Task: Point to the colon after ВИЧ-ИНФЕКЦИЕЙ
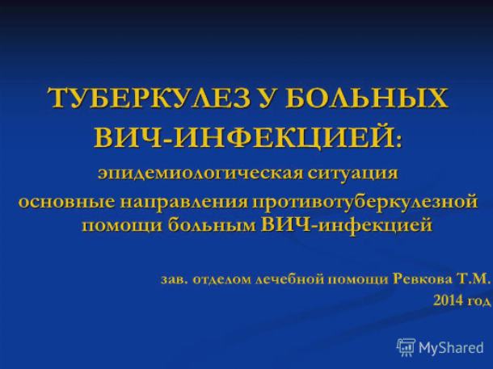pos(399,140)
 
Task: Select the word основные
pos(66,203)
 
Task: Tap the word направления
pos(184,203)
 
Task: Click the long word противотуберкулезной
pos(364,203)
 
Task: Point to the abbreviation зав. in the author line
pos(175,280)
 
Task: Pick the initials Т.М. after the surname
pos(474,279)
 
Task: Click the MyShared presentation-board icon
pos(406,347)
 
